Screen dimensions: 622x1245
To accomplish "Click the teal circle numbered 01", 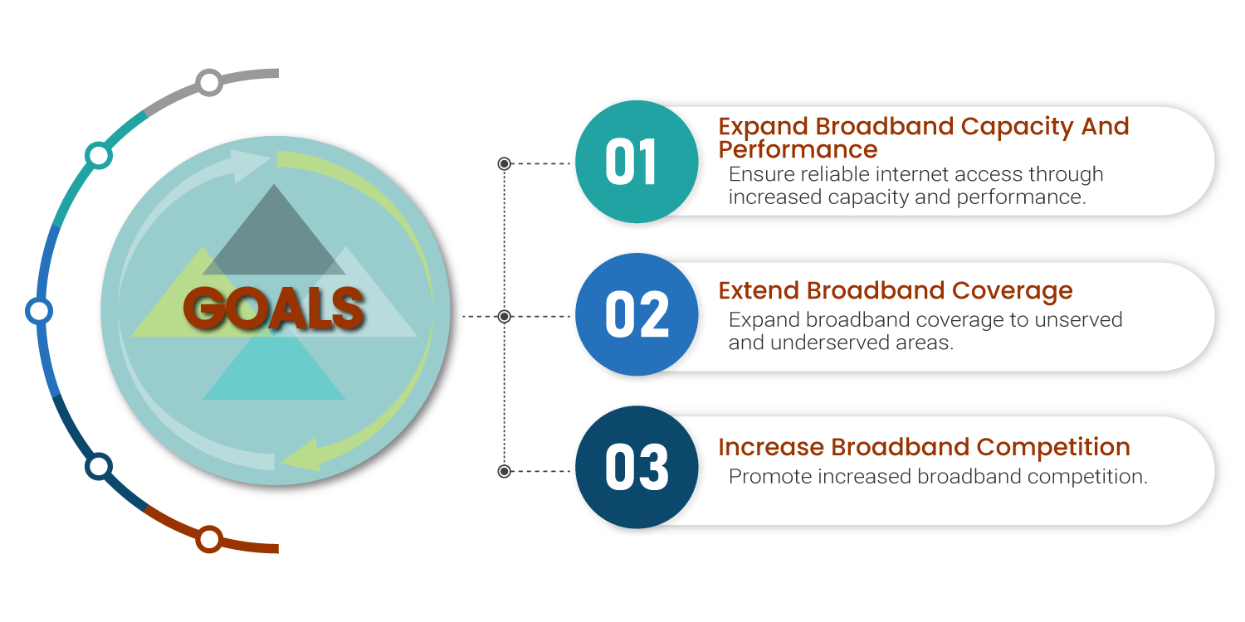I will (634, 162).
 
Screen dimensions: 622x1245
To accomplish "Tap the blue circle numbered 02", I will (636, 314).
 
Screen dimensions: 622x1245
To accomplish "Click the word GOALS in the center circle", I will (274, 309).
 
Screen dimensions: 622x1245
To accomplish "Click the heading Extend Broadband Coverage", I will (895, 290).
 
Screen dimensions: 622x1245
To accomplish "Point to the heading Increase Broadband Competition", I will (924, 447).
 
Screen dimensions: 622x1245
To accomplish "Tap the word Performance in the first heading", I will (797, 149).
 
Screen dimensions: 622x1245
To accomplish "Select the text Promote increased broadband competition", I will (938, 477).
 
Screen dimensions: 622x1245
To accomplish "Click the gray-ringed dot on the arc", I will (209, 82).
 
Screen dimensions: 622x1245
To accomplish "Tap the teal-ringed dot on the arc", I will (98, 155).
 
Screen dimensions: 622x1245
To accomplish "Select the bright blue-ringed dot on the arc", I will (38, 311).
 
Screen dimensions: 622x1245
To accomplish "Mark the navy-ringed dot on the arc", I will (99, 466).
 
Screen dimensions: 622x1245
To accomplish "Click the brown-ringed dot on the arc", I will (209, 540).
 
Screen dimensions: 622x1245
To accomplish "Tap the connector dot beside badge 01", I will (504, 164).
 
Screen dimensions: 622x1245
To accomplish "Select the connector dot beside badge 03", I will (504, 471).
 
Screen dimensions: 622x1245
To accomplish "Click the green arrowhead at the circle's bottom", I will (299, 456).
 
